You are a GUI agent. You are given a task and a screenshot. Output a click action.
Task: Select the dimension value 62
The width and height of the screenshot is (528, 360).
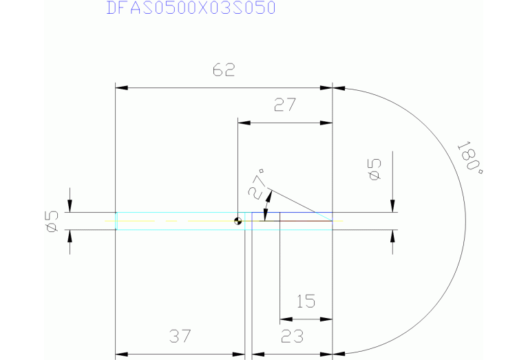pos(224,71)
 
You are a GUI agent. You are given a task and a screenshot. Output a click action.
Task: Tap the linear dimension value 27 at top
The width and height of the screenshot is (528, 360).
pos(284,105)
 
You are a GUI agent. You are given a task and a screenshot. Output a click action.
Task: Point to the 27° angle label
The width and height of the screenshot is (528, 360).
pos(257,183)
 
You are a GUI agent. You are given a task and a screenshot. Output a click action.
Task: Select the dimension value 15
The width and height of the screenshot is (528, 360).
pos(306,301)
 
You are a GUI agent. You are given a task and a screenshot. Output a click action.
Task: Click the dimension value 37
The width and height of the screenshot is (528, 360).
pos(180,337)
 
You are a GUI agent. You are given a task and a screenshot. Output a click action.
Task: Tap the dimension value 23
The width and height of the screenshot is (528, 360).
pos(293,337)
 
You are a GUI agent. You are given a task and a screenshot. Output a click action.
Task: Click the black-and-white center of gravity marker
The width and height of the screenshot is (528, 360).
pos(237,221)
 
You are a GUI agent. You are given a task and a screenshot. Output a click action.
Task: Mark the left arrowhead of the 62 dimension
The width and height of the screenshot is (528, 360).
pos(121,88)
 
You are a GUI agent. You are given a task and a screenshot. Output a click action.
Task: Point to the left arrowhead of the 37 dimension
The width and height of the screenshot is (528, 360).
pos(121,354)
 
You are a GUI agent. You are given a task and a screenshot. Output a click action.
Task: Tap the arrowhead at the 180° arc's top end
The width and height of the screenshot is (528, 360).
pos(339,88)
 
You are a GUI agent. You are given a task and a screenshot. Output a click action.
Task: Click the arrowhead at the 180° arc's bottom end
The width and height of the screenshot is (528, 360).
pos(339,354)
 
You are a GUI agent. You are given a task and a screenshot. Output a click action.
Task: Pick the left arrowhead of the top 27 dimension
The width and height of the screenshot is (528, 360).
pos(243,123)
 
